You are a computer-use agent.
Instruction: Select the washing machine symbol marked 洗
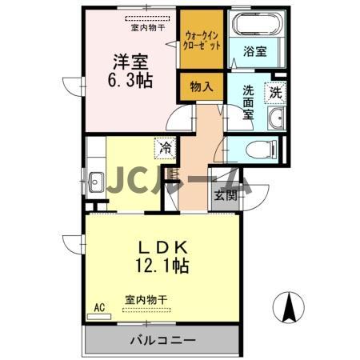point(275,92)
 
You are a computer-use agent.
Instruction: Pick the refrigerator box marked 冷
point(165,148)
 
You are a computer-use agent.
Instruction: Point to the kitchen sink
point(95,179)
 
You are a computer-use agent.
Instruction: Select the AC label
point(99,306)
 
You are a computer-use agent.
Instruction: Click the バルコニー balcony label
point(162,341)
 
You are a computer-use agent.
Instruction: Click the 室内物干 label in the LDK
point(146,300)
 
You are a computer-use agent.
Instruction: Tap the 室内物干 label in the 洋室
point(148,27)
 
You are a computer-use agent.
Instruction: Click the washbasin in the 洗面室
point(276,120)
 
